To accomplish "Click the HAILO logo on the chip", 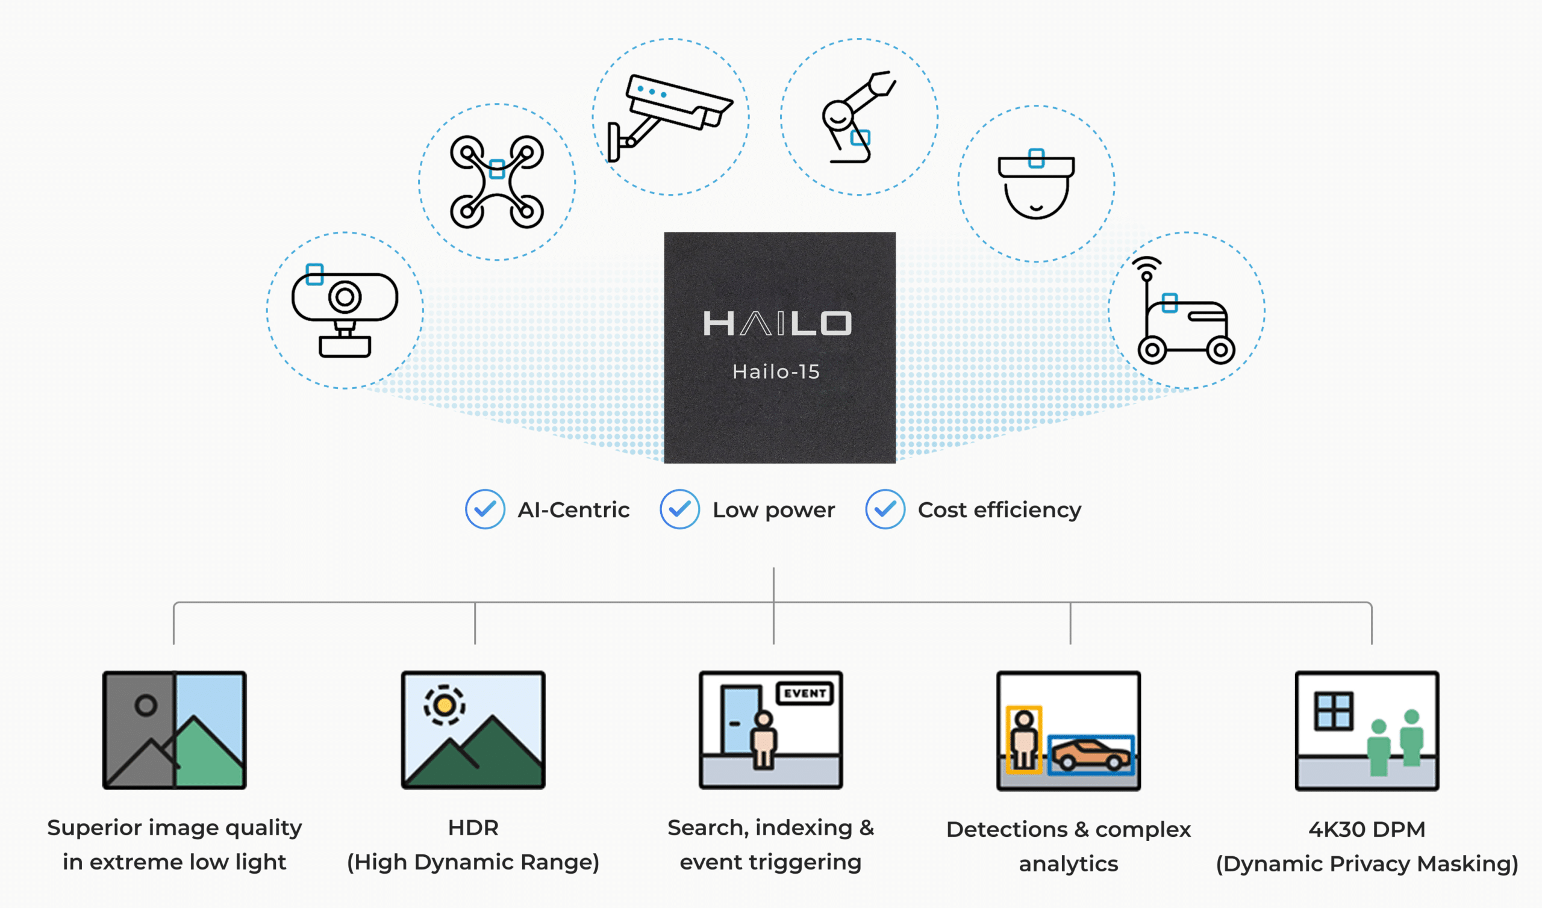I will (777, 323).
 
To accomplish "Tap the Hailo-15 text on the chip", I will (776, 372).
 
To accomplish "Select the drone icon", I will (497, 182).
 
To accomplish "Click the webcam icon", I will (345, 311).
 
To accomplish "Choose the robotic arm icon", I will (858, 117).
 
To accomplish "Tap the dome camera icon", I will (1036, 184).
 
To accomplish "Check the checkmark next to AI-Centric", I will (485, 509).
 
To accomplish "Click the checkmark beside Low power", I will (679, 509).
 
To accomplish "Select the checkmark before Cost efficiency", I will (885, 509).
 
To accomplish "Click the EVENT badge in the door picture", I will (805, 693).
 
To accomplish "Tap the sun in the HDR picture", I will (445, 706).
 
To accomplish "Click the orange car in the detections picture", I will (1091, 754).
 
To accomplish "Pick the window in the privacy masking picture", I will (1334, 711).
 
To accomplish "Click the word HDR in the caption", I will (473, 828).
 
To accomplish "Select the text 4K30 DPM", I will (1366, 830).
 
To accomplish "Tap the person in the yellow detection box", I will (1024, 741).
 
